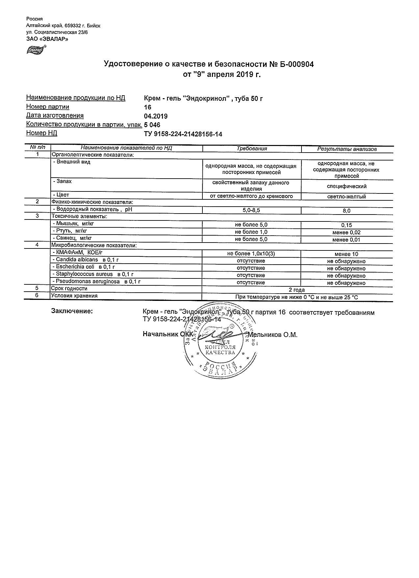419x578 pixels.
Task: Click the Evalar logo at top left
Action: pyautogui.click(x=36, y=49)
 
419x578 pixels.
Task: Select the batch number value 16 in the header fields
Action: pyautogui.click(x=147, y=107)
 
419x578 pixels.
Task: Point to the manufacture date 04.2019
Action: pyautogui.click(x=156, y=116)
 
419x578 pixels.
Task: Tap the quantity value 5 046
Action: pyautogui.click(x=152, y=125)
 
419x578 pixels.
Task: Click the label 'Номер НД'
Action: pyautogui.click(x=41, y=133)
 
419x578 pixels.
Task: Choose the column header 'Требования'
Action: pyautogui.click(x=252, y=149)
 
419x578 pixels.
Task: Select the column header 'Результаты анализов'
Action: pyautogui.click(x=347, y=149)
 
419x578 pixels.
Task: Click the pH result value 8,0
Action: pyautogui.click(x=347, y=211)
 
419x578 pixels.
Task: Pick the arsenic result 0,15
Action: pyautogui.click(x=347, y=225)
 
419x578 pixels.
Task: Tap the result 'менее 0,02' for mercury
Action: pyautogui.click(x=347, y=233)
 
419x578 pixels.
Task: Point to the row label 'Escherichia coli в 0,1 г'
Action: pyautogui.click(x=85, y=267)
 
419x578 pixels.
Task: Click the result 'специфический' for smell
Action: pyautogui.click(x=347, y=187)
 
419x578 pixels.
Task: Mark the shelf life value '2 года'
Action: pyautogui.click(x=297, y=290)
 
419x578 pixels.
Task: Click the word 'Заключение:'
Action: pyautogui.click(x=72, y=311)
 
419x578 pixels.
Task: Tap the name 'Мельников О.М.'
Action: pyautogui.click(x=273, y=335)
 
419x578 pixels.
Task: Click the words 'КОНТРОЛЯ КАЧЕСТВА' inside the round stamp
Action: pyautogui.click(x=220, y=350)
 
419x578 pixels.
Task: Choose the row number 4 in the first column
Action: pyautogui.click(x=37, y=245)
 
